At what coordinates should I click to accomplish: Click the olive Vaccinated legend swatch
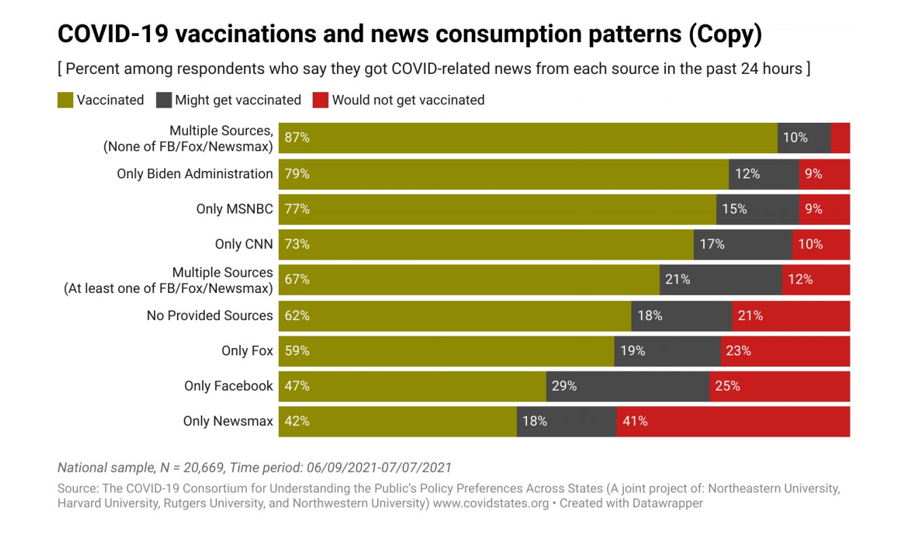pyautogui.click(x=65, y=100)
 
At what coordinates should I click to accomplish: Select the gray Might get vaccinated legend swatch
pyautogui.click(x=163, y=100)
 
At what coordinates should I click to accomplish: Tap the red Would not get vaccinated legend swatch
pyautogui.click(x=320, y=100)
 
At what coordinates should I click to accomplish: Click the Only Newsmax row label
pyautogui.click(x=228, y=421)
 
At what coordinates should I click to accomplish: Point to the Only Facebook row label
pyautogui.click(x=229, y=386)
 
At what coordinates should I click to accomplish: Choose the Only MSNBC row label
pyautogui.click(x=235, y=209)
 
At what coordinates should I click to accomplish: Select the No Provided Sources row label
pyautogui.click(x=210, y=315)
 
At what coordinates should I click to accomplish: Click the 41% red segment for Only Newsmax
pyautogui.click(x=732, y=421)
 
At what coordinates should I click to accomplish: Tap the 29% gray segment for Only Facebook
pyautogui.click(x=627, y=386)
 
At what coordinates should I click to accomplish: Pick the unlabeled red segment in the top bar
pyautogui.click(x=840, y=138)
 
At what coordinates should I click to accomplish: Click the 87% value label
pyautogui.click(x=297, y=138)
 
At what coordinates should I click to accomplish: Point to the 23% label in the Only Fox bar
pyautogui.click(x=738, y=351)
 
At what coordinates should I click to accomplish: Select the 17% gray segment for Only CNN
pyautogui.click(x=743, y=244)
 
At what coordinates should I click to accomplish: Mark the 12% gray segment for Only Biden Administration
pyautogui.click(x=764, y=174)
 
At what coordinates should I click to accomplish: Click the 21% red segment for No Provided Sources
pyautogui.click(x=791, y=315)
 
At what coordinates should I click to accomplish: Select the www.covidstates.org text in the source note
pyautogui.click(x=490, y=504)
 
